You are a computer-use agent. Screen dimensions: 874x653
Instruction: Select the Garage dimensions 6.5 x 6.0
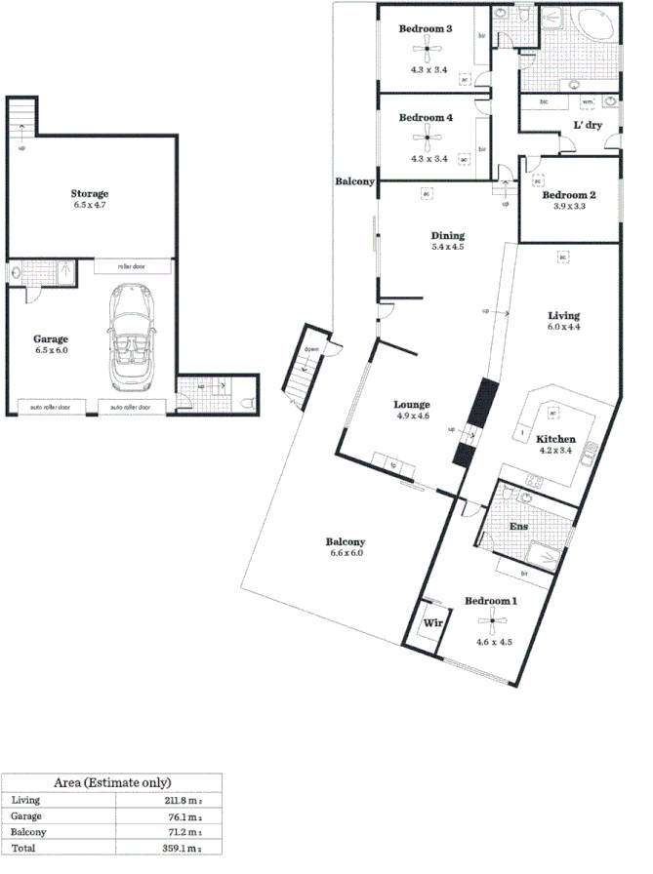[x=51, y=350]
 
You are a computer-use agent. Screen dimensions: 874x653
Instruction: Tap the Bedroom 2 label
[x=568, y=194]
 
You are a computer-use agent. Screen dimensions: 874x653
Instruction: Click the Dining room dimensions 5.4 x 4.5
[x=448, y=248]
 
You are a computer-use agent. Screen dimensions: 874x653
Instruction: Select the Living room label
[x=563, y=315]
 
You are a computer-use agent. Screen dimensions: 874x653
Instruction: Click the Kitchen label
[x=555, y=439]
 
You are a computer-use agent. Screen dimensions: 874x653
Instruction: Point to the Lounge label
[x=411, y=404]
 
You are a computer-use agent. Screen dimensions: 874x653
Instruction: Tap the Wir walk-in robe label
[x=431, y=619]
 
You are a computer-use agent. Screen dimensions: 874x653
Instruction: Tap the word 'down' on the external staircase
[x=311, y=348]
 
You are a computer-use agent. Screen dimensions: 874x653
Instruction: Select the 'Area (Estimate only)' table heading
[x=112, y=782]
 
